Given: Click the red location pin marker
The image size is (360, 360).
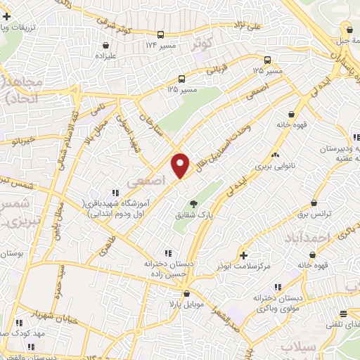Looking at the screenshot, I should click(181, 165).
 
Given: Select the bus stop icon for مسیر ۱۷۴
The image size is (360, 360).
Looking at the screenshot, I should click(162, 34).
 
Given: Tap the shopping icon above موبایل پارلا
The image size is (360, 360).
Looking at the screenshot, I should click(186, 294).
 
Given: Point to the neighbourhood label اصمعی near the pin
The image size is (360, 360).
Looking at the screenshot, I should click(146, 181).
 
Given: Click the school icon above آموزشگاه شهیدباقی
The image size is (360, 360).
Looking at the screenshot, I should click(114, 193).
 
